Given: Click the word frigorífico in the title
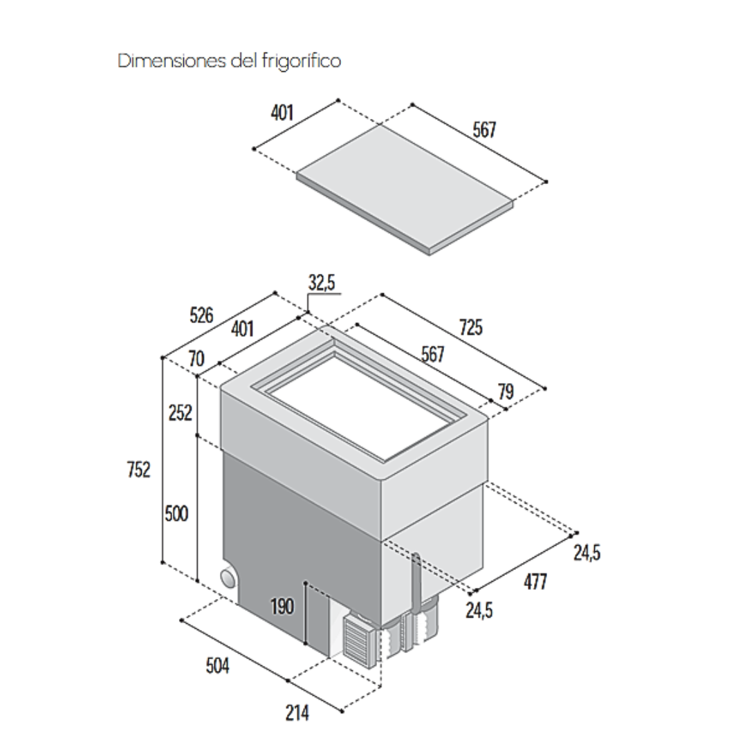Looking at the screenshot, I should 302,61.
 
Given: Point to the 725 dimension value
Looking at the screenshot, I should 470,327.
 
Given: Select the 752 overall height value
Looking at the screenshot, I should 138,470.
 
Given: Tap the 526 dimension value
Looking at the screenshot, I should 201,315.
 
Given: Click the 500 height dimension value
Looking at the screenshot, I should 176,514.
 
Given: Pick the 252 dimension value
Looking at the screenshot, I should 180,412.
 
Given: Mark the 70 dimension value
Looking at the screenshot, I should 196,360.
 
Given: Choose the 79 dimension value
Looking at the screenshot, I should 506,392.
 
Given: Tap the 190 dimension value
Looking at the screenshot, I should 282,607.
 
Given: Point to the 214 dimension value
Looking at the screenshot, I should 297,713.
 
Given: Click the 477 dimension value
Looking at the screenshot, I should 534,582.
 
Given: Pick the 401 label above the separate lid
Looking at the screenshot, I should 282,113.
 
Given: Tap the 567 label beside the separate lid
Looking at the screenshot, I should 483,129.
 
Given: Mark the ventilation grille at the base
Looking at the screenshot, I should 357,640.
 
